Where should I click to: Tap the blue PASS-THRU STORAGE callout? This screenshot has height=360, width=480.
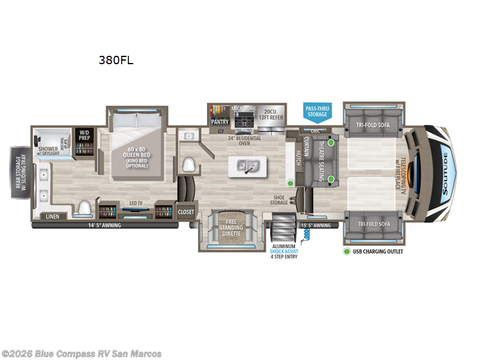(317, 111)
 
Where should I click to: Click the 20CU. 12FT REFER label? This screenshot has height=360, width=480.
(270, 115)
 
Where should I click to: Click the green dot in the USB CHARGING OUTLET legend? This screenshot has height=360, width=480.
(347, 251)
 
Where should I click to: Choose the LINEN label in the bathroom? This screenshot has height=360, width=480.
(52, 216)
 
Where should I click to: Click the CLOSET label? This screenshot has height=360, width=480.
(186, 212)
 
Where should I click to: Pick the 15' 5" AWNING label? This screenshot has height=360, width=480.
(316, 226)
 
